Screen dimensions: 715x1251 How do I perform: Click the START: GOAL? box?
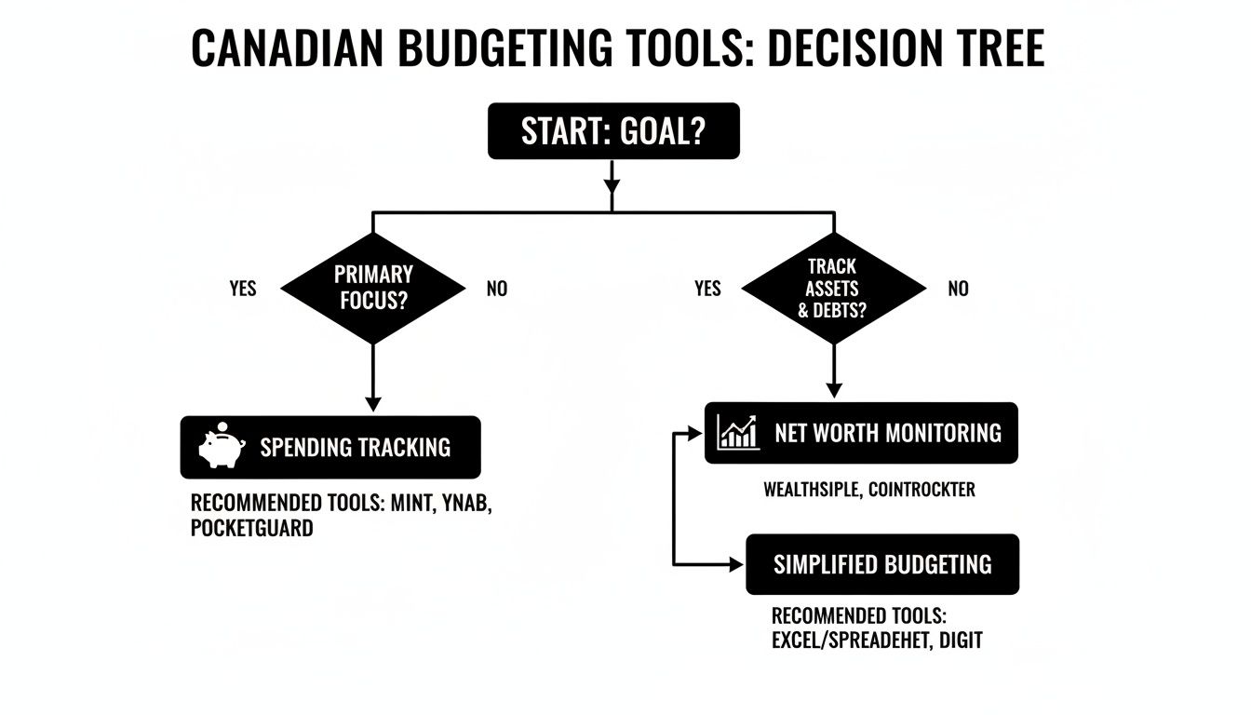click(x=613, y=131)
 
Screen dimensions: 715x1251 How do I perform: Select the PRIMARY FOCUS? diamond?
click(x=372, y=289)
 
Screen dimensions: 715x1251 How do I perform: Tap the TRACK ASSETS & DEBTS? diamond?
click(x=833, y=289)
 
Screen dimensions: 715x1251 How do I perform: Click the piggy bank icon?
click(x=222, y=447)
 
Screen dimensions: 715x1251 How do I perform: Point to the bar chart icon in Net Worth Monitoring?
click(x=738, y=433)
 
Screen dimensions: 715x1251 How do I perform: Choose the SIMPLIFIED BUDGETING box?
click(x=882, y=564)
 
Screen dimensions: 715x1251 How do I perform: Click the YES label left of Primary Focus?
click(x=242, y=289)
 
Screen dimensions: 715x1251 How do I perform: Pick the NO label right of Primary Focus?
click(x=497, y=289)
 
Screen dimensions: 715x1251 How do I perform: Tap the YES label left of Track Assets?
click(x=707, y=289)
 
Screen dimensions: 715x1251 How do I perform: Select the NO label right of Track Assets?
click(x=958, y=289)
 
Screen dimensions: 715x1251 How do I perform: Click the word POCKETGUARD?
click(x=251, y=529)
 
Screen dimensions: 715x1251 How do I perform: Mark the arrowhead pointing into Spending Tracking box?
click(x=372, y=405)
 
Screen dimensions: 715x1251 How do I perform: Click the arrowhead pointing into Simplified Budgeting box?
click(x=737, y=564)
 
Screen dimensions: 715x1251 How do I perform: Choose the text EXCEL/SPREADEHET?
click(x=851, y=641)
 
